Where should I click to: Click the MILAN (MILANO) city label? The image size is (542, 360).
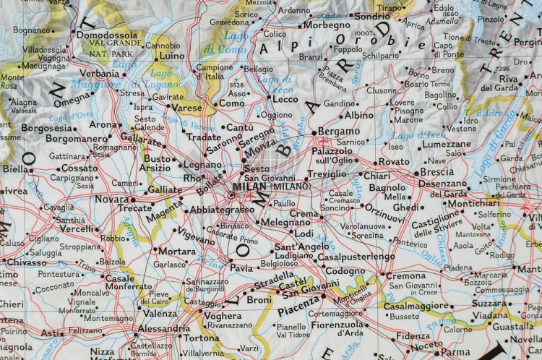point(270,187)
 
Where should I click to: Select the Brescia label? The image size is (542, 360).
point(436,172)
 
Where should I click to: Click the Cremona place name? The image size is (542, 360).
point(405,275)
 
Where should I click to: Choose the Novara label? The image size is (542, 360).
point(111,198)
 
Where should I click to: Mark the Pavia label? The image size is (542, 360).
point(241,267)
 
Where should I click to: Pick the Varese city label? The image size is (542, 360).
point(188,108)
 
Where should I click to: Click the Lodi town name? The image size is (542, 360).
point(304,233)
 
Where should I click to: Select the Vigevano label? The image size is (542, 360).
point(197,235)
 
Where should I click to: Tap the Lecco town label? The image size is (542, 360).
point(285,99)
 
